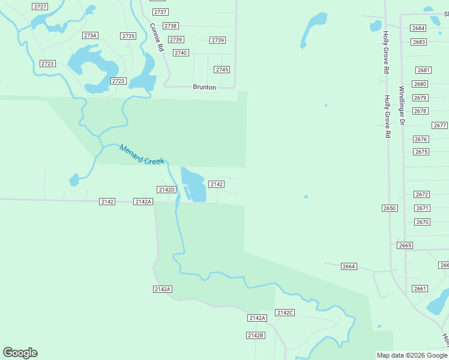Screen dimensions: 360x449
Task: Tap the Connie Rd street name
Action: [x=156, y=37]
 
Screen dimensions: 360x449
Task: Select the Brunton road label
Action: [x=204, y=87]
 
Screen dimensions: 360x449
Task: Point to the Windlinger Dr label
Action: [x=402, y=106]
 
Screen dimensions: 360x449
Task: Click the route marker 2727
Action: [x=40, y=6]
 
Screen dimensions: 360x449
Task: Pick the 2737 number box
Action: [x=160, y=12]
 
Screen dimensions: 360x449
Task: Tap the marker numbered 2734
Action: [x=91, y=35]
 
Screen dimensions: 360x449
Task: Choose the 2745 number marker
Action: [x=222, y=70]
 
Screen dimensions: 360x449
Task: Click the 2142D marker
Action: [x=166, y=190]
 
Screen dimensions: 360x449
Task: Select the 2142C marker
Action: [x=285, y=313]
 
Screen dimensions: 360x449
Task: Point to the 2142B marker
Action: [x=255, y=335]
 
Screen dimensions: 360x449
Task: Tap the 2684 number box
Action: [x=418, y=28]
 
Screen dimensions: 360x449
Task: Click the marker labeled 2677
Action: [x=439, y=125]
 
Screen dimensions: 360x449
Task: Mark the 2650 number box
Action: [x=390, y=208]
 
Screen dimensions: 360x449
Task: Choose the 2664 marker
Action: [x=348, y=266]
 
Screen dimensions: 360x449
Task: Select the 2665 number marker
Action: [x=405, y=245]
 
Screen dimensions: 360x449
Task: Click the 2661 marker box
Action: [x=420, y=289]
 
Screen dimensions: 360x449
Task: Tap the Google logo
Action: [x=20, y=353]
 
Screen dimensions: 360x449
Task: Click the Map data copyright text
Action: [x=412, y=355]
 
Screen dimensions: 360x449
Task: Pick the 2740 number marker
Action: [x=181, y=53]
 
